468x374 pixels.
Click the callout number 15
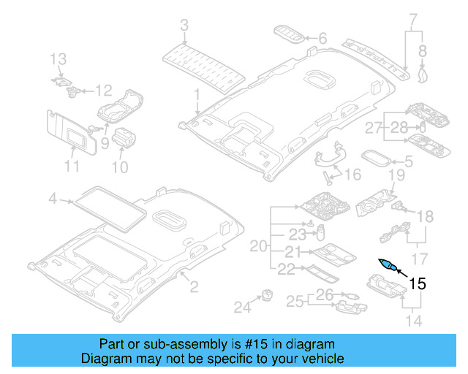[x=417, y=283]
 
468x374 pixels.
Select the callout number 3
[x=184, y=26]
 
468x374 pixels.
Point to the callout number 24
[x=241, y=308]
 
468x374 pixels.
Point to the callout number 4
[x=53, y=198]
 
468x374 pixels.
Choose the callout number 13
[x=58, y=58]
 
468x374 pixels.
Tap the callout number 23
[x=295, y=235]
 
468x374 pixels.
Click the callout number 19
[x=396, y=175]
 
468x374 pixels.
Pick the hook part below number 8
[x=422, y=72]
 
